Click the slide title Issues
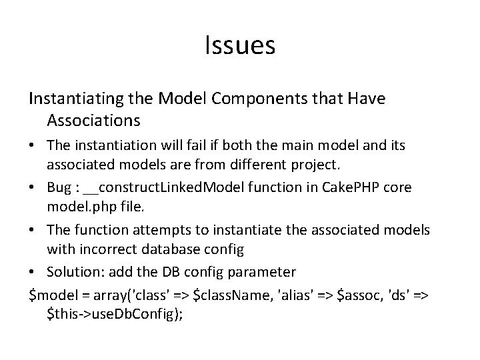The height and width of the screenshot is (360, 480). click(x=240, y=46)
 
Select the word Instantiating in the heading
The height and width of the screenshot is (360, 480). click(x=71, y=99)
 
